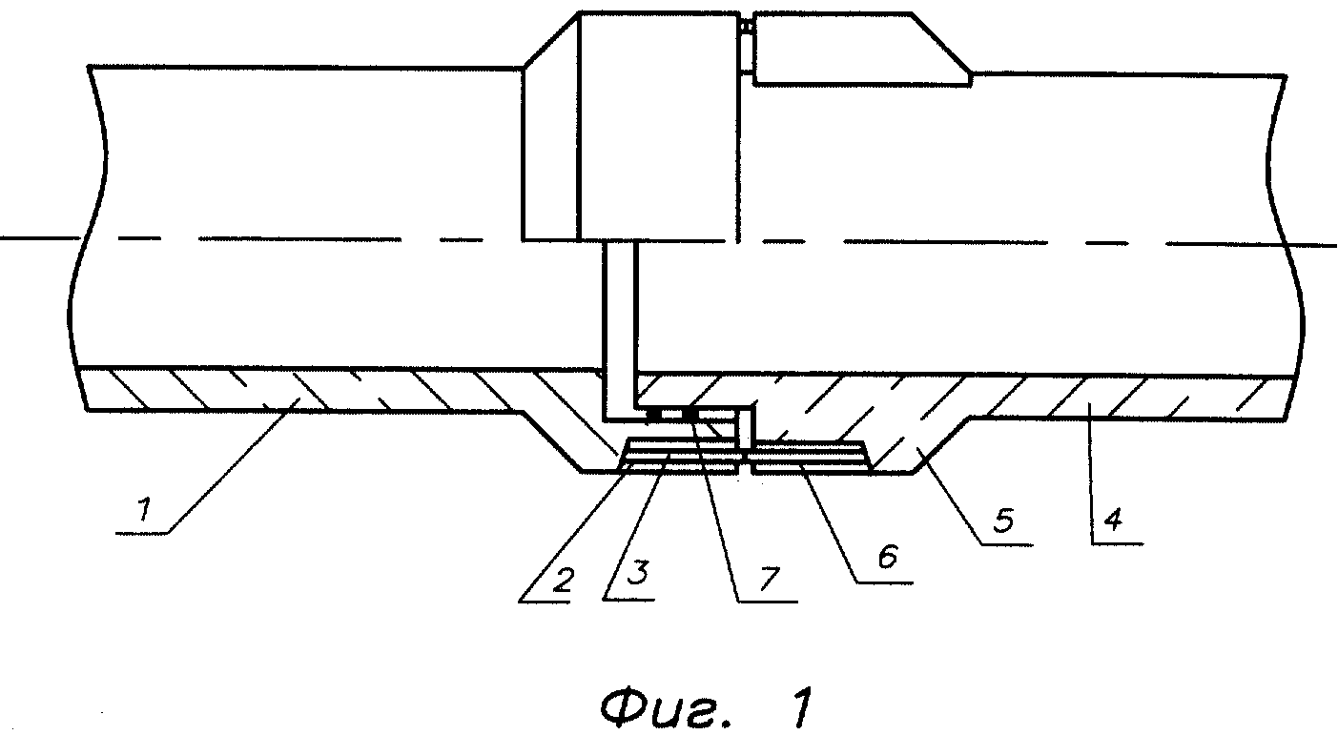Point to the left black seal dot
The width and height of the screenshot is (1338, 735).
click(x=655, y=414)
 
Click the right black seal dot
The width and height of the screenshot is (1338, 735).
click(x=688, y=414)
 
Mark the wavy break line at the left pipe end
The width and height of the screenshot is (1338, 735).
click(x=81, y=238)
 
